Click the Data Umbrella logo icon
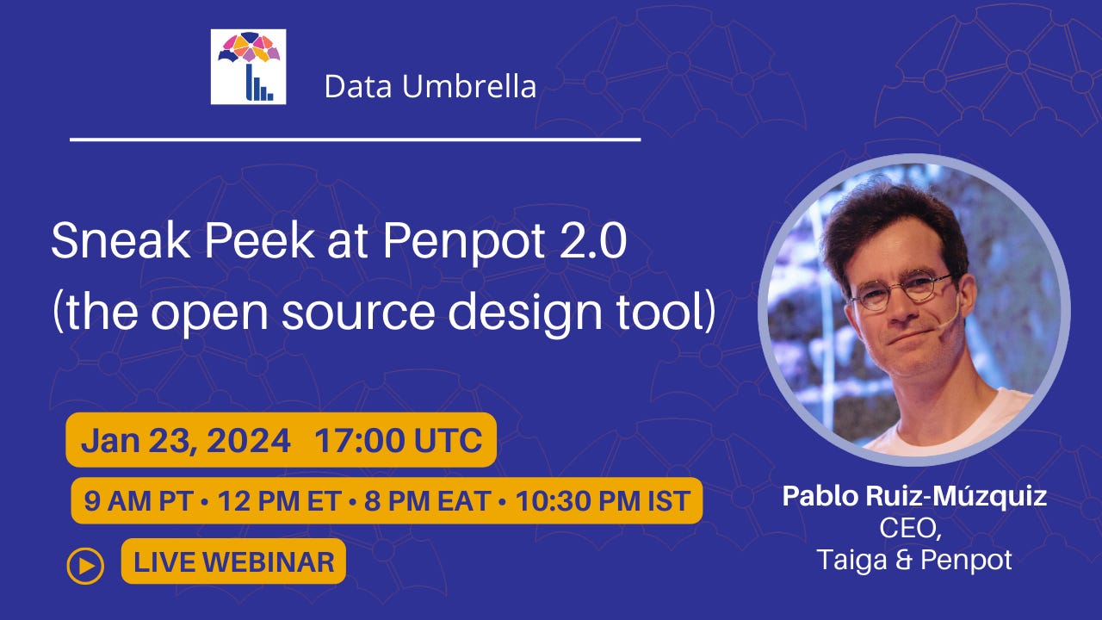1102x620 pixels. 249,67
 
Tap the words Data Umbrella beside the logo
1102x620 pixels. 430,87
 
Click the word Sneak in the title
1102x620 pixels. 121,240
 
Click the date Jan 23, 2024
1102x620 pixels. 185,440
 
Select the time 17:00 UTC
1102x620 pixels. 399,440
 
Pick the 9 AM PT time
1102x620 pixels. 138,501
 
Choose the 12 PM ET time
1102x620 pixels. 280,501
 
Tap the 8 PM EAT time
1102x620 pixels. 428,501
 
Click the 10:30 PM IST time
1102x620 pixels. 604,501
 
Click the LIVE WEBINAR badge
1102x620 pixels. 233,561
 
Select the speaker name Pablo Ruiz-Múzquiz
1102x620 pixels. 914,496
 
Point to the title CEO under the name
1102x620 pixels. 911,528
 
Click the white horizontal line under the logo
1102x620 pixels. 356,139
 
